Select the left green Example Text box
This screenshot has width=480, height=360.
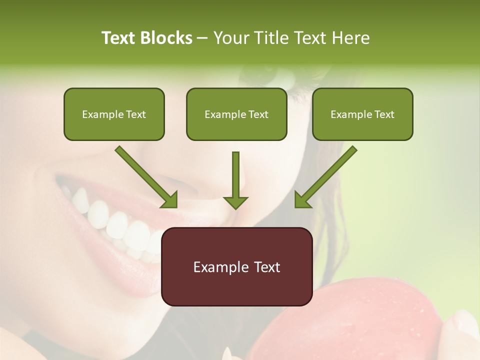click(x=114, y=114)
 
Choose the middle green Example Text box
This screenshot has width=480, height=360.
click(x=236, y=114)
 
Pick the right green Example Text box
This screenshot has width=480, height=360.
click(x=362, y=114)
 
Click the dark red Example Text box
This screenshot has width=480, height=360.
click(x=236, y=266)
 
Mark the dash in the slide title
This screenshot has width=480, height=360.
click(x=202, y=38)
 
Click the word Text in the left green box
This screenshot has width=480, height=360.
click(x=135, y=114)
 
